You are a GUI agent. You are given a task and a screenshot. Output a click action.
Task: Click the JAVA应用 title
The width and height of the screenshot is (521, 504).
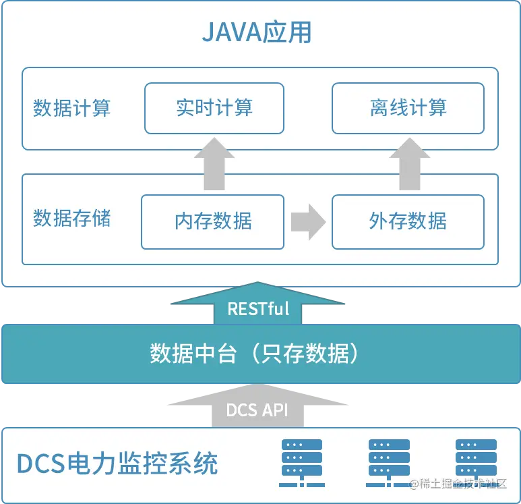[x=257, y=32]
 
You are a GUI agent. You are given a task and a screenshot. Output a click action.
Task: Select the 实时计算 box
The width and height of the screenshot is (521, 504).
[x=214, y=108]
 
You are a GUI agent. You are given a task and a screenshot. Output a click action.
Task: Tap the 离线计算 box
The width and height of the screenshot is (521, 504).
[x=408, y=108]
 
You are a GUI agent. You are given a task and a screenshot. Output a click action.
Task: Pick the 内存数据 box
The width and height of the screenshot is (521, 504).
[x=213, y=221]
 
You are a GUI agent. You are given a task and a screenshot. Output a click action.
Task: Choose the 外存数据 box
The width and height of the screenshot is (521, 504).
[x=408, y=221]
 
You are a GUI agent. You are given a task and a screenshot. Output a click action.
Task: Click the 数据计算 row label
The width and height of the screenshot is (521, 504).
[x=72, y=108]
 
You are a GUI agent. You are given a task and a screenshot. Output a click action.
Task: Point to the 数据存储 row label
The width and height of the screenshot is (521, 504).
[x=72, y=218]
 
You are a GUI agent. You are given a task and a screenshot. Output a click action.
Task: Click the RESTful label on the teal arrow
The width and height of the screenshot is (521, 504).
[x=258, y=308]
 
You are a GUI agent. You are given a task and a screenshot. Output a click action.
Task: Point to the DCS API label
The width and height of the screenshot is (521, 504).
[x=257, y=410]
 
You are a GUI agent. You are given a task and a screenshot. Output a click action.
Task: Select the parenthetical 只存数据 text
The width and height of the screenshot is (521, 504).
[x=303, y=354]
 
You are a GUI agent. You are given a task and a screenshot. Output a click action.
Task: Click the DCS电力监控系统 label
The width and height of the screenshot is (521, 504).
[x=117, y=464]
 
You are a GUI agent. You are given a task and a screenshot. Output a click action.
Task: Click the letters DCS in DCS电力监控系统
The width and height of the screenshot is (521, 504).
[x=40, y=464]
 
